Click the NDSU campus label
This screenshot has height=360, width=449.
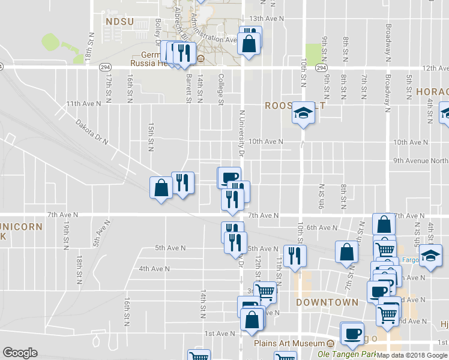click(x=118, y=22)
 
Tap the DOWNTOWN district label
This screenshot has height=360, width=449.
click(x=327, y=302)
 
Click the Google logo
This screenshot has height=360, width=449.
click(x=20, y=353)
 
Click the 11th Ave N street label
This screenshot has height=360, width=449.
click(x=83, y=103)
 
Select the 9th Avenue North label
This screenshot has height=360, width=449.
click(x=421, y=161)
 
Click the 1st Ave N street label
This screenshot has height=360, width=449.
click(x=220, y=334)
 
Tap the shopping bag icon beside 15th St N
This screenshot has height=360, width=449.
click(x=161, y=188)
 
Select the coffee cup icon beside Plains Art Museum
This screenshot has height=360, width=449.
click(x=352, y=333)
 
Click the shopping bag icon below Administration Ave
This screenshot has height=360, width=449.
click(x=249, y=44)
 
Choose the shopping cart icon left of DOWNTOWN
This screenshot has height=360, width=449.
click(x=264, y=293)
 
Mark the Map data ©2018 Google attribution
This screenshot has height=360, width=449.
click(x=412, y=355)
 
